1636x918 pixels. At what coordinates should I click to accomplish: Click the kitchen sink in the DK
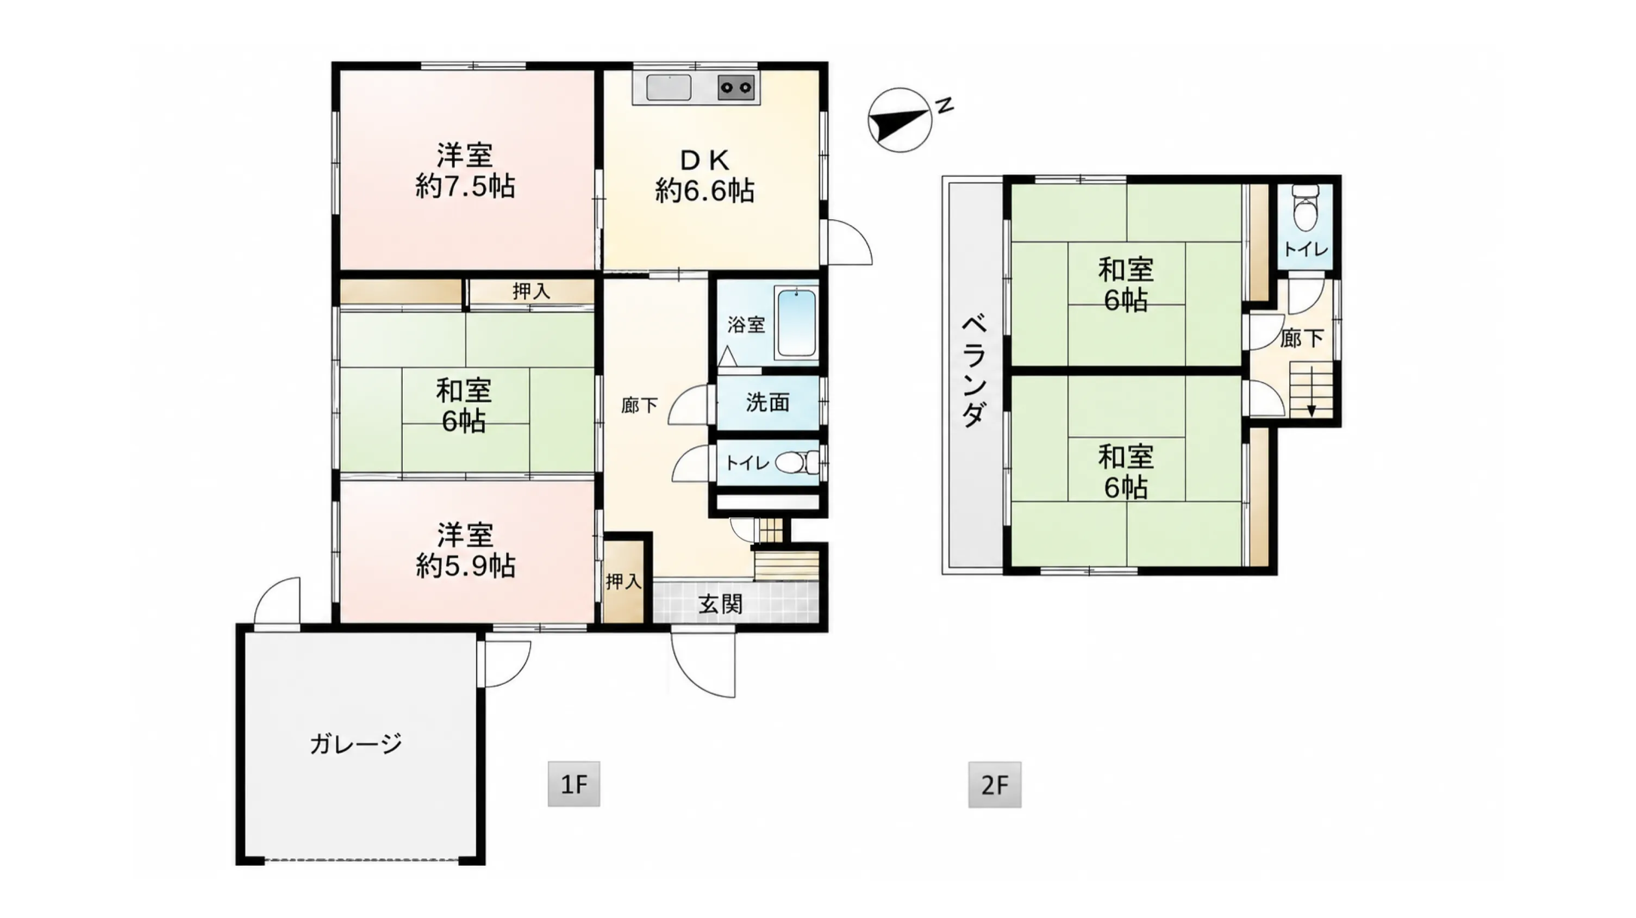click(669, 88)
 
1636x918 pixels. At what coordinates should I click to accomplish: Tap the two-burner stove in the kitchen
click(736, 88)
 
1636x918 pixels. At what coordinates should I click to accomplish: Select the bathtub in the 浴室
click(796, 322)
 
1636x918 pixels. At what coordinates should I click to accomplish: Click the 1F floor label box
click(573, 785)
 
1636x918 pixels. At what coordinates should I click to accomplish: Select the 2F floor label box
click(995, 785)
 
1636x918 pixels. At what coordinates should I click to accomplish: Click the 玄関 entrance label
click(720, 604)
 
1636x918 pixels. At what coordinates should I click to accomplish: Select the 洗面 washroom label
click(767, 402)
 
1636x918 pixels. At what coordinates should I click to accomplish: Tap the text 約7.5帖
click(465, 186)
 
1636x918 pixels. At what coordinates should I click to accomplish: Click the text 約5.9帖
click(465, 566)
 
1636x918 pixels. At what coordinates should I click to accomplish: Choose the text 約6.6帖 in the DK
click(705, 190)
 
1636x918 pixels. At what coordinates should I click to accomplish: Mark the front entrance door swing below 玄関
click(704, 665)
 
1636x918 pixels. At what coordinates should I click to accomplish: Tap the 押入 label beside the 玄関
click(623, 581)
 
